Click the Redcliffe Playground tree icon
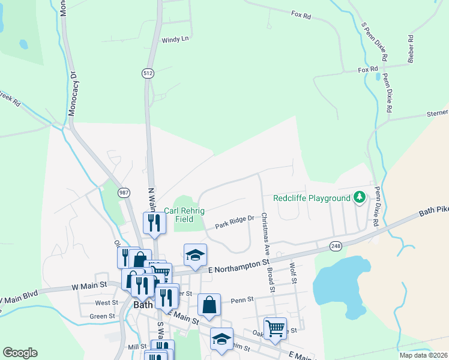pyautogui.click(x=360, y=197)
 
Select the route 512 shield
pyautogui.click(x=148, y=73)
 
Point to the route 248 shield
pyautogui.click(x=336, y=246)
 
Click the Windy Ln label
pyautogui.click(x=175, y=40)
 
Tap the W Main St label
pyautogui.click(x=89, y=286)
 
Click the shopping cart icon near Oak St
pyautogui.click(x=275, y=328)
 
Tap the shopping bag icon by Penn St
pyautogui.click(x=209, y=304)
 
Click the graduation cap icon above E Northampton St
pyautogui.click(x=195, y=254)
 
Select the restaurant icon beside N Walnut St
pyautogui.click(x=154, y=223)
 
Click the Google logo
pyautogui.click(x=20, y=353)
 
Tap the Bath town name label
pyautogui.click(x=142, y=305)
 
